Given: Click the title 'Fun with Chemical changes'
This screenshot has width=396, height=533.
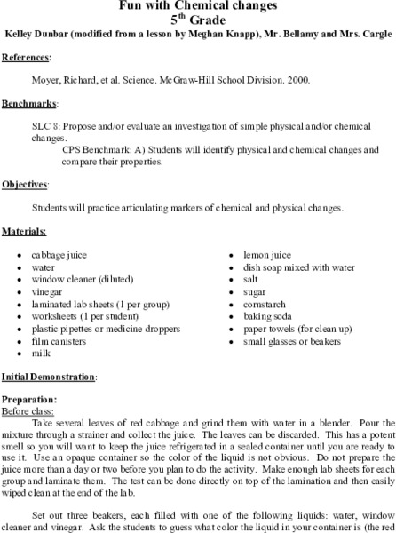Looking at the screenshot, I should click(197, 5).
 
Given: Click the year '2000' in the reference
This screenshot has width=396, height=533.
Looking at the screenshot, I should click(297, 80).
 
